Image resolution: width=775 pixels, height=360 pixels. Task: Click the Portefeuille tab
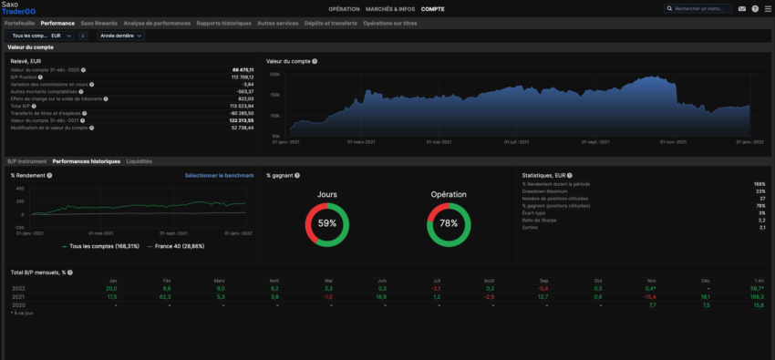[21, 23]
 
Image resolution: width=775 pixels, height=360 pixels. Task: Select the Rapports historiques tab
[223, 23]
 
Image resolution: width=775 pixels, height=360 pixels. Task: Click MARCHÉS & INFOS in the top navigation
[390, 8]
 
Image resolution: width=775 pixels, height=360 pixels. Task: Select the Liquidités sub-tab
[139, 161]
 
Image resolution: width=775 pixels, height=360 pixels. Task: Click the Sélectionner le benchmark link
[219, 175]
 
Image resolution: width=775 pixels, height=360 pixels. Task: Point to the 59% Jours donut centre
[327, 223]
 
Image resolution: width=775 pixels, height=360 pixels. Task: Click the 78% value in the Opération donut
[448, 223]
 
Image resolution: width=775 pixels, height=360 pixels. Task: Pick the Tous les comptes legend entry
[98, 246]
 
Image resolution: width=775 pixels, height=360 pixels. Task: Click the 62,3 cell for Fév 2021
[166, 296]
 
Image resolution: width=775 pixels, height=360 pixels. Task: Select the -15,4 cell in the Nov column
[649, 296]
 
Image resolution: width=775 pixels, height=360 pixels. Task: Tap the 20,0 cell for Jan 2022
[111, 288]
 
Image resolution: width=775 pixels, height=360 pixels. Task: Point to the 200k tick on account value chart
[274, 75]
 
